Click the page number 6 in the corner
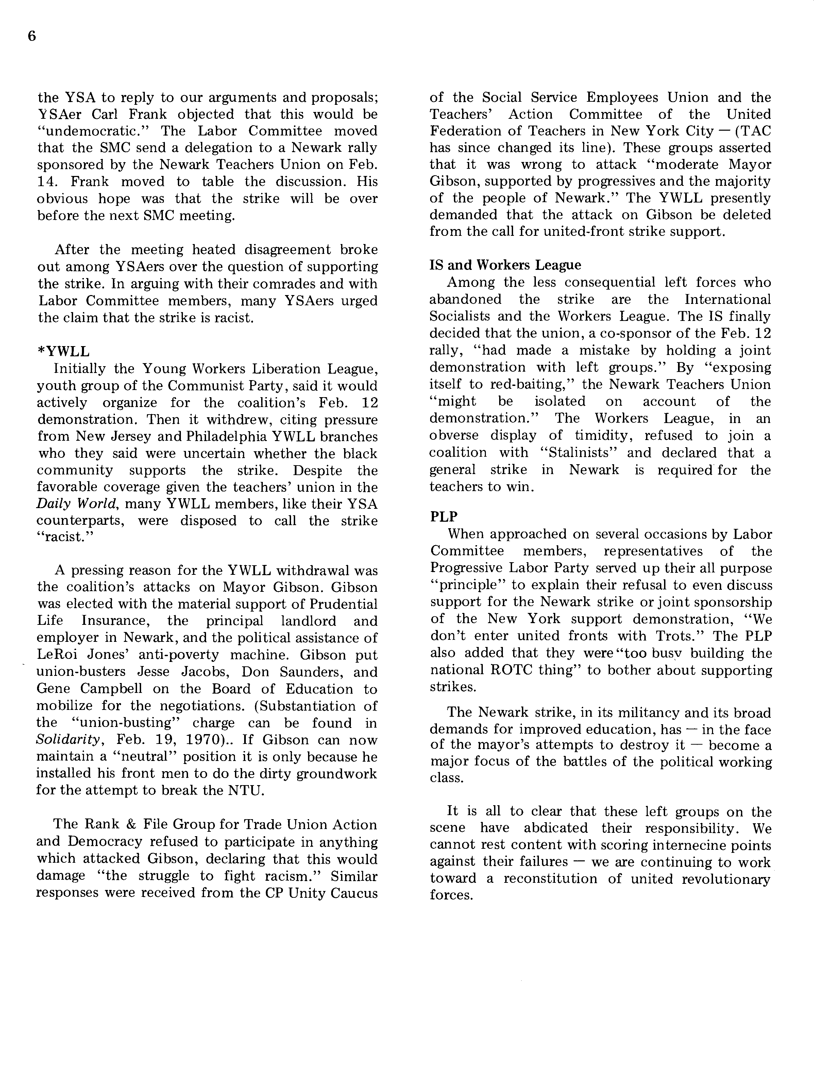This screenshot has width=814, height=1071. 32,37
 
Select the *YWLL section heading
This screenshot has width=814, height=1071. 64,352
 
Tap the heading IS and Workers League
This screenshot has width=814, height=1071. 505,265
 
